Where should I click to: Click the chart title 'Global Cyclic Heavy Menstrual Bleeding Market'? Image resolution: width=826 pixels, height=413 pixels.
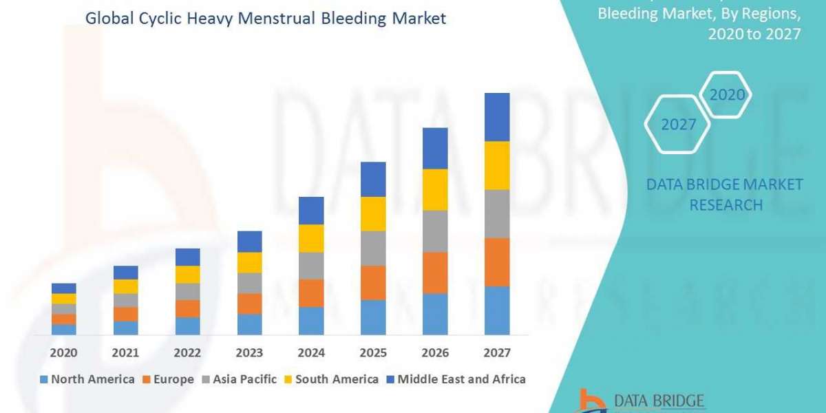pyautogui.click(x=265, y=19)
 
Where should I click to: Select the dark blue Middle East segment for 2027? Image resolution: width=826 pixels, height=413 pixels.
pyautogui.click(x=497, y=117)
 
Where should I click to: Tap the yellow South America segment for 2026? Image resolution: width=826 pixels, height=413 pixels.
pyautogui.click(x=435, y=189)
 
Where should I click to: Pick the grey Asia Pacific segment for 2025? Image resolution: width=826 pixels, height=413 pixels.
pyautogui.click(x=373, y=248)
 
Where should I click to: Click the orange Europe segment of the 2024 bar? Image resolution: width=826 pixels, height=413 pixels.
pyautogui.click(x=311, y=293)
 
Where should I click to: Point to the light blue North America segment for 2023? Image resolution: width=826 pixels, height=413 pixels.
pyautogui.click(x=249, y=324)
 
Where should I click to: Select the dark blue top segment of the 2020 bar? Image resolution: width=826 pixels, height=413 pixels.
pyautogui.click(x=64, y=288)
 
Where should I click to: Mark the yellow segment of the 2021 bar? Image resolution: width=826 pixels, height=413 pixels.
pyautogui.click(x=126, y=286)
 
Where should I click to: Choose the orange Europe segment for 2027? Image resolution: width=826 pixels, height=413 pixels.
pyautogui.click(x=497, y=262)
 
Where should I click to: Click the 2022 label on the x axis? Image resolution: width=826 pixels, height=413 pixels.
pyautogui.click(x=187, y=352)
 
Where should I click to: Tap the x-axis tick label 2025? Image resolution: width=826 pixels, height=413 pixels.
pyautogui.click(x=373, y=352)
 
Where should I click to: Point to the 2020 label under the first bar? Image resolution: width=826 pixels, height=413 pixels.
pyautogui.click(x=64, y=352)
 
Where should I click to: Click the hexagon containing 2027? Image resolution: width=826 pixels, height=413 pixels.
pyautogui.click(x=677, y=125)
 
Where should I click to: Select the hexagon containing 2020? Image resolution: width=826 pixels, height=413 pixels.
pyautogui.click(x=726, y=95)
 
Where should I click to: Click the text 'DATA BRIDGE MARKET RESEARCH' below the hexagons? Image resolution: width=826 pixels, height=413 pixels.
pyautogui.click(x=725, y=194)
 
